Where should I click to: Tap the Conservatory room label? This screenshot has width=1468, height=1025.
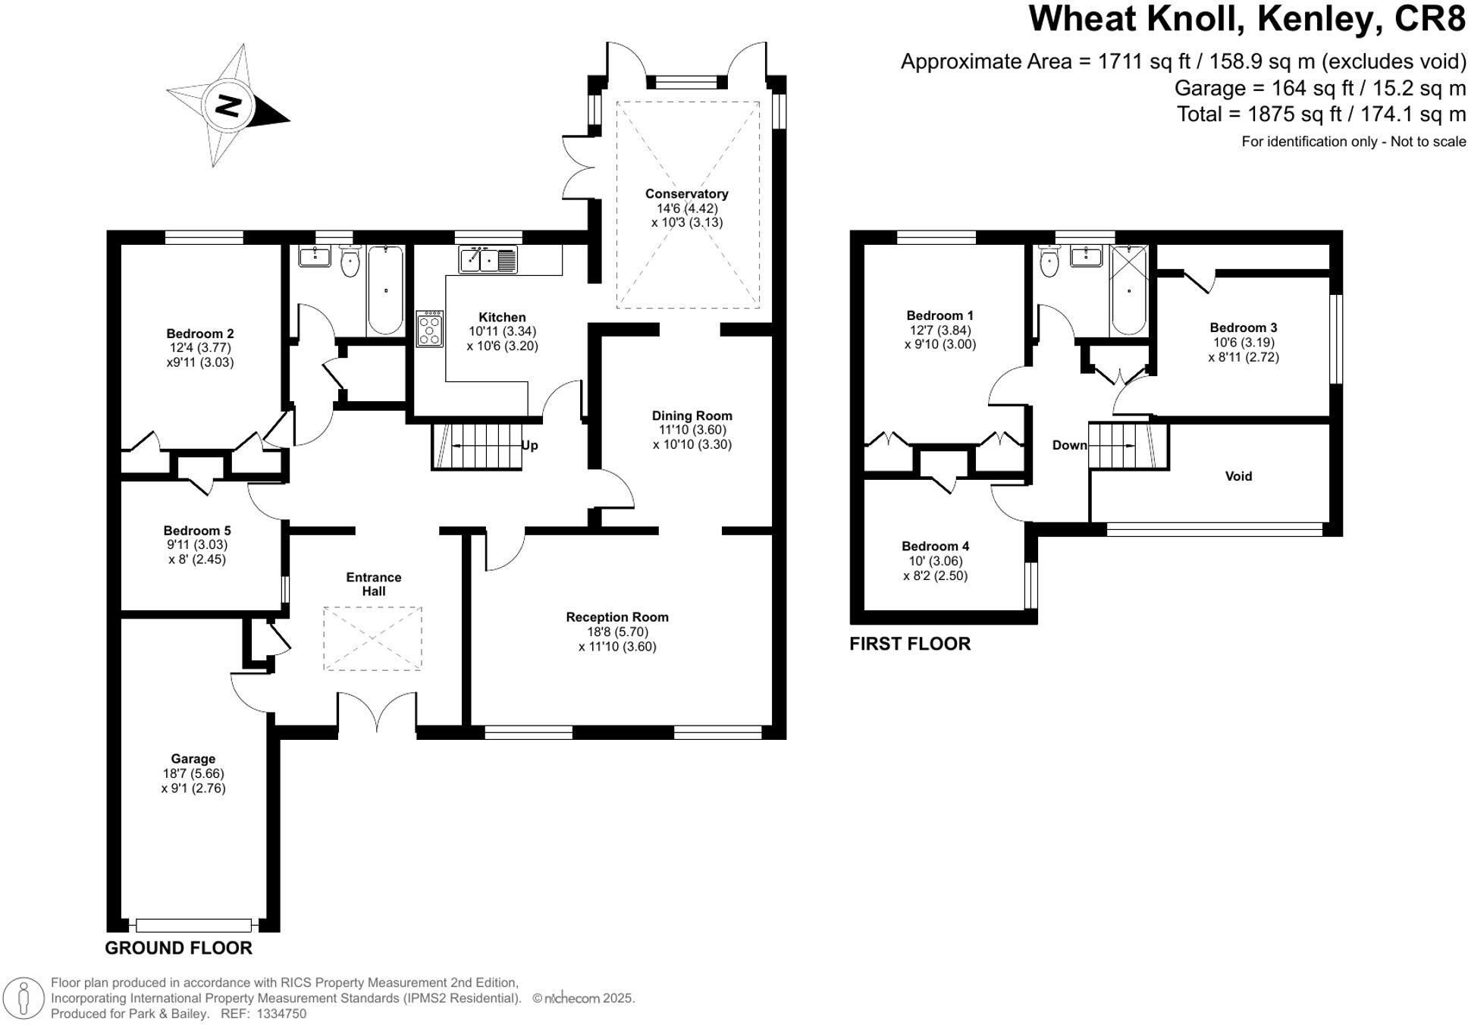(686, 194)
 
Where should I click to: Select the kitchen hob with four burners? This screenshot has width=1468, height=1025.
(429, 328)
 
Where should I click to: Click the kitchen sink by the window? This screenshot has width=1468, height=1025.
(488, 260)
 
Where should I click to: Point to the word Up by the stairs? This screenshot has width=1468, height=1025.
(529, 445)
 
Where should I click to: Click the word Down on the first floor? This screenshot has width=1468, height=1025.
(1069, 445)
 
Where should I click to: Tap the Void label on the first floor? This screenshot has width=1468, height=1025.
(1238, 476)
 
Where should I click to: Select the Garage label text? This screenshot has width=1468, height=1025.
(193, 759)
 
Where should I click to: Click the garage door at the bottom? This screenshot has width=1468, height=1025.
(193, 925)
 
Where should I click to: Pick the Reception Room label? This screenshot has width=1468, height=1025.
(617, 617)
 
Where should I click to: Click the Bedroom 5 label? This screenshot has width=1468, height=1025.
(196, 531)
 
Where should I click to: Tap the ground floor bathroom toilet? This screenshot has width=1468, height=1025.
(350, 262)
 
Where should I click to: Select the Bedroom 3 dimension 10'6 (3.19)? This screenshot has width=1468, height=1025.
(1243, 342)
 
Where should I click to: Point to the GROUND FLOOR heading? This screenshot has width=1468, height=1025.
(178, 948)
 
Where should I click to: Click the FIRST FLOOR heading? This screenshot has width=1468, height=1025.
(909, 644)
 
